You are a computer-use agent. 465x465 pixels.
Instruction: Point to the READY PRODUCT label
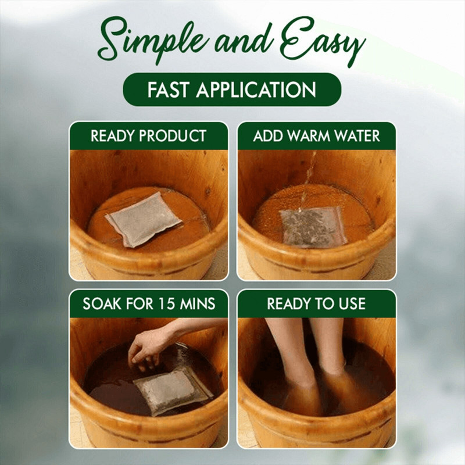click(x=148, y=136)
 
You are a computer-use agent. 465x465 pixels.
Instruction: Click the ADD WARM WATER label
click(x=316, y=136)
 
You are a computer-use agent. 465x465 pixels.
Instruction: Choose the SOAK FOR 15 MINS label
click(x=148, y=303)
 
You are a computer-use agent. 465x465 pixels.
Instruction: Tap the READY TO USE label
click(x=316, y=303)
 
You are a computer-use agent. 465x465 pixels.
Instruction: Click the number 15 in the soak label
click(x=170, y=303)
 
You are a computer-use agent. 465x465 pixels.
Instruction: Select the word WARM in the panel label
click(x=314, y=136)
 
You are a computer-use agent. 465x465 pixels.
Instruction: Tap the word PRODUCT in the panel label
click(x=174, y=136)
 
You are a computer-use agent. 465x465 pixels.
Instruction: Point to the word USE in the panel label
click(x=350, y=303)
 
